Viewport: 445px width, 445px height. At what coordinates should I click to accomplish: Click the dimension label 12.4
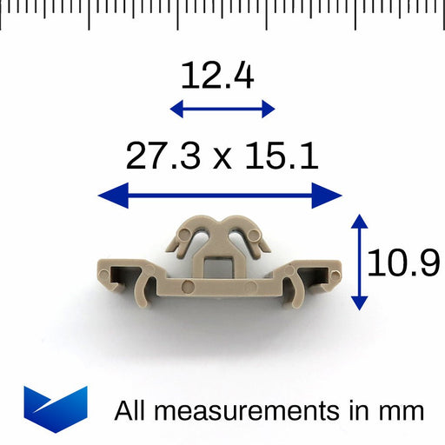pos(217,76)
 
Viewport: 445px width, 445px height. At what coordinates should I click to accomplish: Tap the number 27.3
pos(163,156)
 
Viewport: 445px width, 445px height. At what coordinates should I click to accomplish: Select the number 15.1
pos(282,156)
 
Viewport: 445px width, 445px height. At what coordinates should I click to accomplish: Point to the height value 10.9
pos(403,262)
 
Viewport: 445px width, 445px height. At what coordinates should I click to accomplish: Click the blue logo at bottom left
pos(56,409)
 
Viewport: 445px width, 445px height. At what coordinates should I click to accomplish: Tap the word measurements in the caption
pos(247,411)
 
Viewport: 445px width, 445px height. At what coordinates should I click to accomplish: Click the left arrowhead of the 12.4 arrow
pos(176,109)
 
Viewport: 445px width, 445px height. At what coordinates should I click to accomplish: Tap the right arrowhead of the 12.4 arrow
pos(269,109)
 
